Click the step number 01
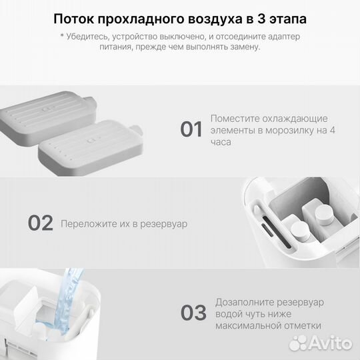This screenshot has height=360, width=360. pyautogui.click(x=191, y=129)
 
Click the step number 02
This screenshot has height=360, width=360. pyautogui.click(x=39, y=223)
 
